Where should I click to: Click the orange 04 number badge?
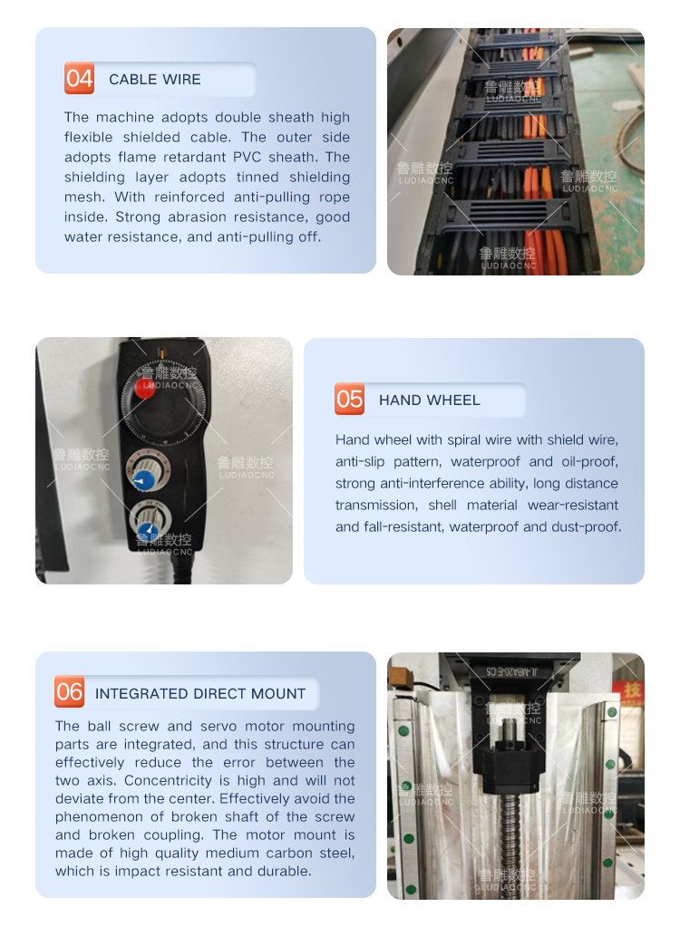[x=79, y=78]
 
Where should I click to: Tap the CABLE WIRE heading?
[x=155, y=80]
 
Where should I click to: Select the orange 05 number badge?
[x=349, y=399]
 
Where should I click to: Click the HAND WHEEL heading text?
[x=429, y=400]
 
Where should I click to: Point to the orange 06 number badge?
[x=69, y=692]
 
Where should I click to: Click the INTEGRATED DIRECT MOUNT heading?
[x=200, y=694]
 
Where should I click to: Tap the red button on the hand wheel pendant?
[x=144, y=388]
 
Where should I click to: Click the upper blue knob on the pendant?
[x=143, y=480]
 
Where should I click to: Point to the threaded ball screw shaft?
[x=510, y=844]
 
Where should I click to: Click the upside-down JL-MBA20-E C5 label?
[x=512, y=671]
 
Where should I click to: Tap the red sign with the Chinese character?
[x=632, y=691]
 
